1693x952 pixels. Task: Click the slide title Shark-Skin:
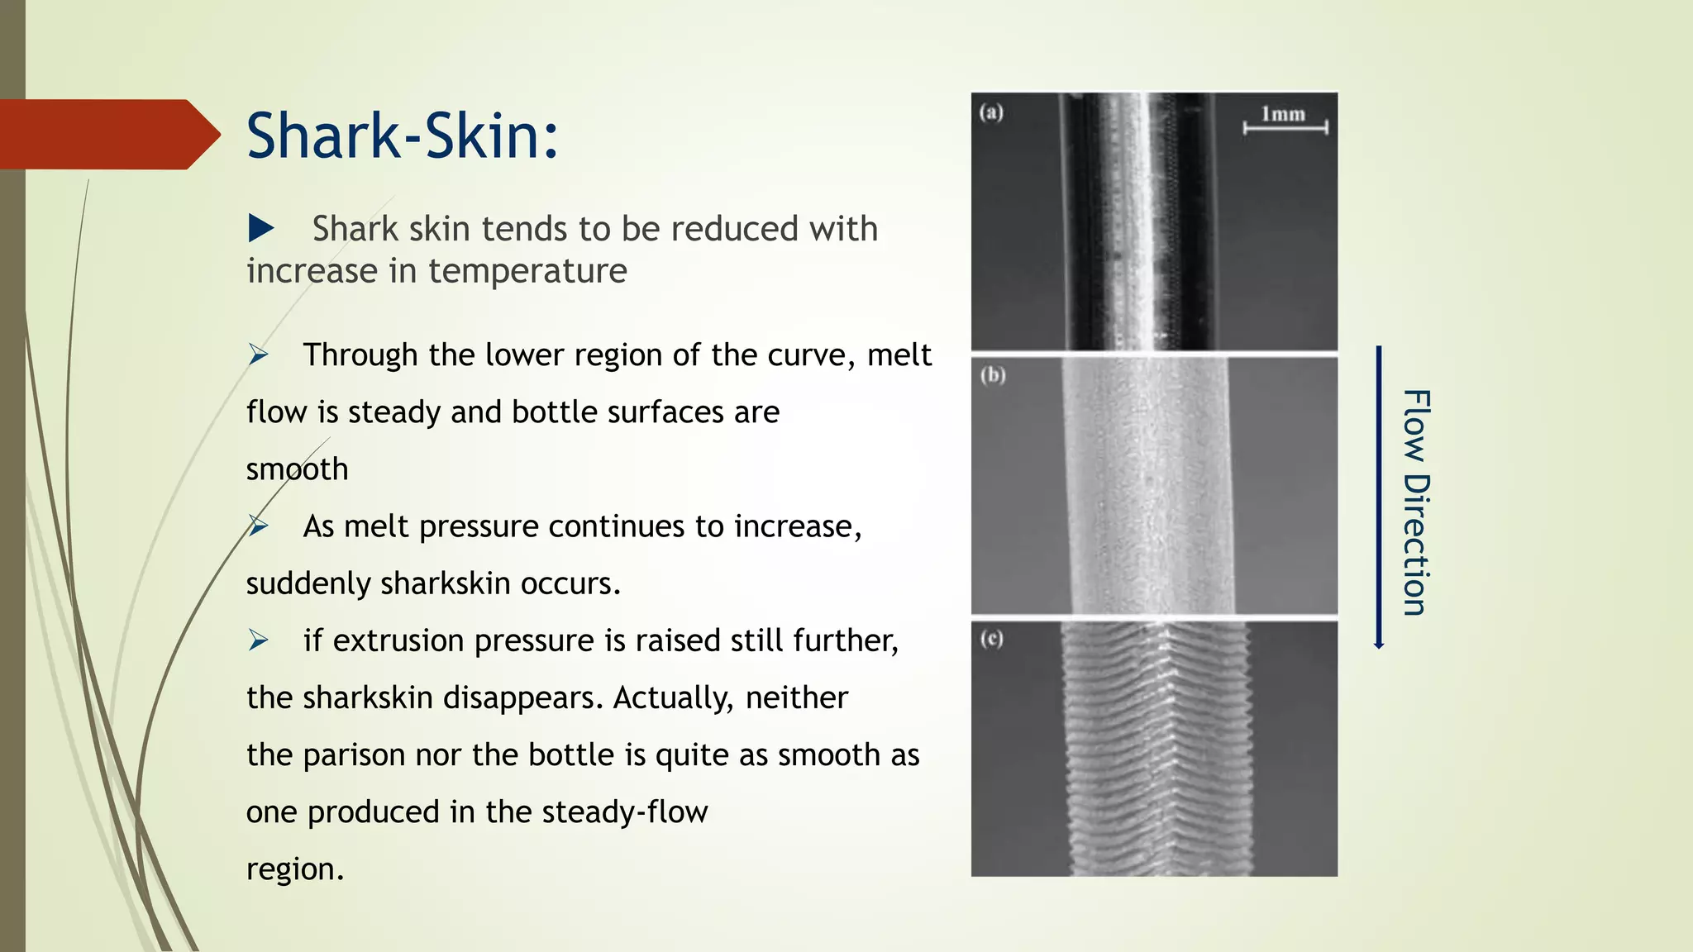pos(403,136)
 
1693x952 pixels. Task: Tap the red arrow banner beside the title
pos(107,135)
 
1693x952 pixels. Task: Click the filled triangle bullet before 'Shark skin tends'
pos(260,228)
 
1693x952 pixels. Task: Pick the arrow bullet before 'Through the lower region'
pos(259,355)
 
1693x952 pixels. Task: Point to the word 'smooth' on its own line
pos(298,469)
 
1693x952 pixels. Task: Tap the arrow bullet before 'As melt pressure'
pos(259,526)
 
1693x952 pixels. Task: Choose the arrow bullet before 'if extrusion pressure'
pos(259,640)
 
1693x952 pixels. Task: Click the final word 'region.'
pos(295,869)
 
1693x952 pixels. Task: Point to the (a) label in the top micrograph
pos(991,112)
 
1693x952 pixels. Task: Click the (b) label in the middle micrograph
pos(993,375)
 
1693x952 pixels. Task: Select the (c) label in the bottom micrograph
pos(992,639)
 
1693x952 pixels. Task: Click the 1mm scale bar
pos(1285,126)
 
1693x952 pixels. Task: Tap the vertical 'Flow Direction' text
pos(1416,502)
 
